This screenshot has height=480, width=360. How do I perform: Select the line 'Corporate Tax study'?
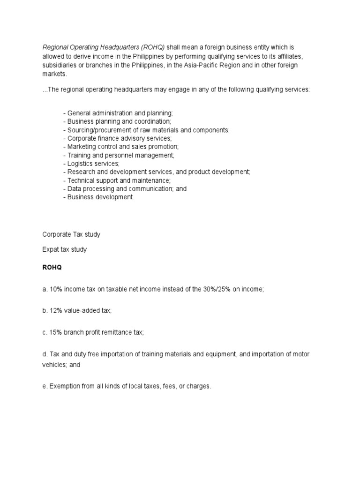71,234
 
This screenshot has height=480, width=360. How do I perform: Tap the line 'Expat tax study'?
65,250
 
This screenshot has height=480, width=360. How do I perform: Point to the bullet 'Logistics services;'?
91,164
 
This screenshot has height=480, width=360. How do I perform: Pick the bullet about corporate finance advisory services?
117,138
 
